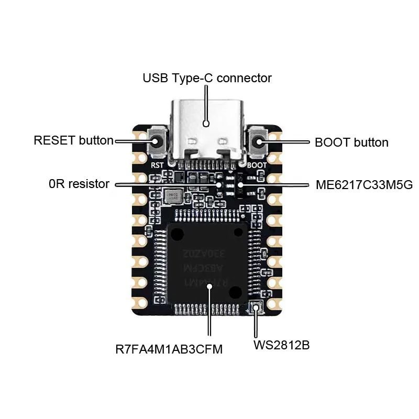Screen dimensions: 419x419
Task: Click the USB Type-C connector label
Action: click(x=207, y=79)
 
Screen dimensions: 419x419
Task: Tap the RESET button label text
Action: click(x=73, y=140)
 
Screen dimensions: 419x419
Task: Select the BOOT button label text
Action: click(x=351, y=142)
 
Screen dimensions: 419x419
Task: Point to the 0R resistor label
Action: click(x=79, y=184)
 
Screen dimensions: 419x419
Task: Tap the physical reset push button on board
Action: click(x=157, y=141)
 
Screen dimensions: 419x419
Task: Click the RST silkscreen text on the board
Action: click(x=158, y=164)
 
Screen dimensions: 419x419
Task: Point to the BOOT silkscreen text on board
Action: click(x=257, y=164)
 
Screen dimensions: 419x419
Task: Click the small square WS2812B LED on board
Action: click(x=256, y=308)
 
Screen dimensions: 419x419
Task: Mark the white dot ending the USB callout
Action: click(x=206, y=124)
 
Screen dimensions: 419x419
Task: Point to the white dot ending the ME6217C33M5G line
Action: click(x=240, y=184)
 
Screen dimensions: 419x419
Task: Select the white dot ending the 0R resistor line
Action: click(x=219, y=184)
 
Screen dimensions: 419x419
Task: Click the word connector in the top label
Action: click(x=244, y=79)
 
